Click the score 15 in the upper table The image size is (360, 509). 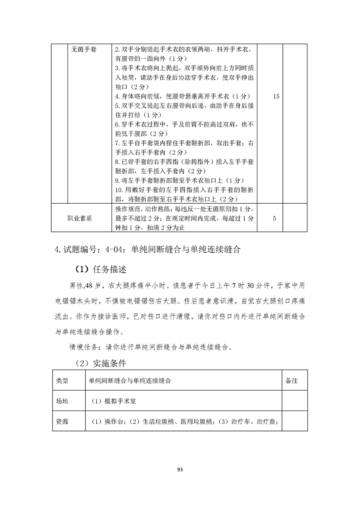point(276,96)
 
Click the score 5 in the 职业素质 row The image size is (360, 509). point(275,218)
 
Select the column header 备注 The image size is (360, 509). point(291,381)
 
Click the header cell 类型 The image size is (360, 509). point(62,381)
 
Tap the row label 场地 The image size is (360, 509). point(62,401)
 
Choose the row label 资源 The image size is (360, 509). point(62,421)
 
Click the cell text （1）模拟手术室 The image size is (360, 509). point(109,401)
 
